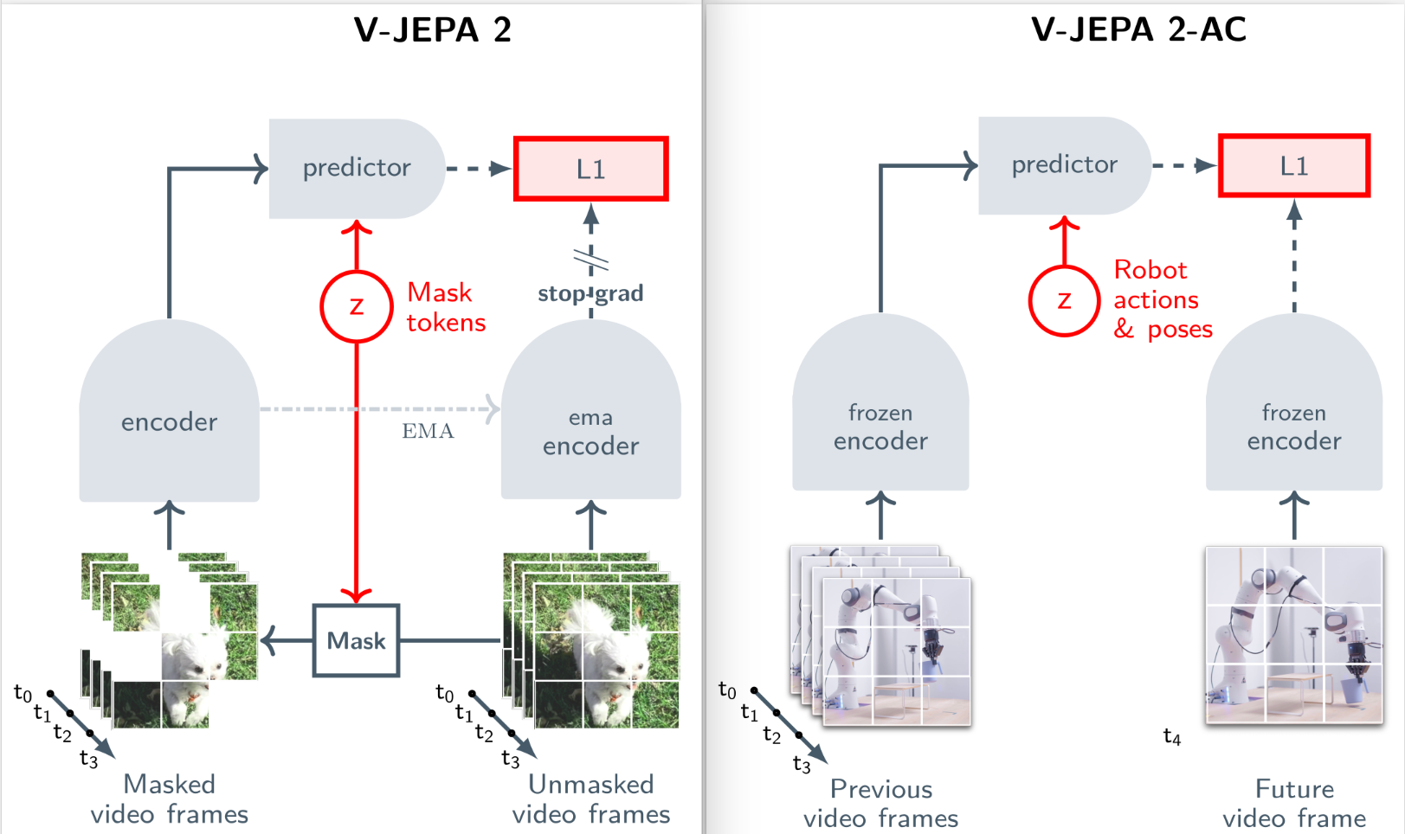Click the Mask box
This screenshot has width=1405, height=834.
(356, 640)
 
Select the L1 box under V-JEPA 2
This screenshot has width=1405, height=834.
(590, 169)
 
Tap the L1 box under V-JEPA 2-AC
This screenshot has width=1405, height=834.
(1293, 165)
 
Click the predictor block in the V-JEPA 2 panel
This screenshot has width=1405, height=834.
(357, 168)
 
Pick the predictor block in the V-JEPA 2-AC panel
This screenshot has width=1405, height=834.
(1064, 164)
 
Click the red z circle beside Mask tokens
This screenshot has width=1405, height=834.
(357, 306)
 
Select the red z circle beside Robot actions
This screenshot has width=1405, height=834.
(1064, 301)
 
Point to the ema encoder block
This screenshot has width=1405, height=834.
(590, 424)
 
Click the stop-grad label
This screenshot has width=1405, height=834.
(590, 293)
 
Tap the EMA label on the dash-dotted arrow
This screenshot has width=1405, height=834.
(428, 431)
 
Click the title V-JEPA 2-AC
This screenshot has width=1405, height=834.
(1138, 30)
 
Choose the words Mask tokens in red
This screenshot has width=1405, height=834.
(445, 307)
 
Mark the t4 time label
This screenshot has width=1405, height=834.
(1171, 736)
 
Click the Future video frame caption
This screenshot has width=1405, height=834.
(1294, 803)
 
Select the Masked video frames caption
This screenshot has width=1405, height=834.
(170, 799)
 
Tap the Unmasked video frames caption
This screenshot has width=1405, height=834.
(590, 799)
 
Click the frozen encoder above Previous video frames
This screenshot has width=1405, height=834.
(880, 415)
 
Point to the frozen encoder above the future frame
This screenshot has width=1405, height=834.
(1294, 415)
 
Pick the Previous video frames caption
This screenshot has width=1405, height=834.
(880, 803)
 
